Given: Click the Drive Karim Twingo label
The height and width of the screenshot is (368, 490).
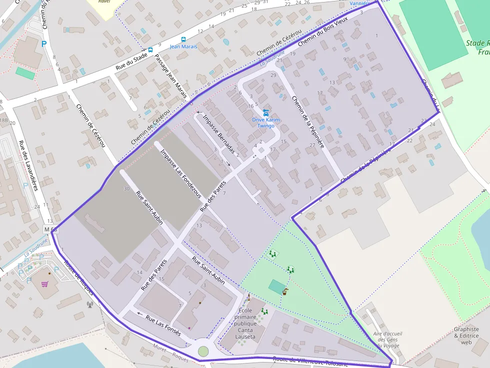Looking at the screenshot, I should tap(265, 123).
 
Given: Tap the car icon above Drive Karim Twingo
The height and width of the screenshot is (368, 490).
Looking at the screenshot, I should tap(265, 112).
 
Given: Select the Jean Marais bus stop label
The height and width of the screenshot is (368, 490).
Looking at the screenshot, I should tap(183, 46).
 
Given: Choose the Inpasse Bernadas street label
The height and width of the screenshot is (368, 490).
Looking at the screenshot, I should tap(218, 134).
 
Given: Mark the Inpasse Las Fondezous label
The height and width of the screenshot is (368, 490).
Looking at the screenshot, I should tap(180, 173).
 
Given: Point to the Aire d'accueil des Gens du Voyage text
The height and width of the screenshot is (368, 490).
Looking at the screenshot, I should tap(387, 340).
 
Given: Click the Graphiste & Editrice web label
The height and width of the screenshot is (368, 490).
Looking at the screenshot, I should tap(466, 336).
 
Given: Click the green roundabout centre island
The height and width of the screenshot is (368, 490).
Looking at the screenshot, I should tap(203, 351).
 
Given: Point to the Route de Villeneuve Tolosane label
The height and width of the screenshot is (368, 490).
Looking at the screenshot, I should tap(310, 362).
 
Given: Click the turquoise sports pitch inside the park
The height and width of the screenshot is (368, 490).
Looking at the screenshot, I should tap(276, 287).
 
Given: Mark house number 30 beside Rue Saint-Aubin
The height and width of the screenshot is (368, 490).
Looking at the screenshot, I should tap(126, 188).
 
